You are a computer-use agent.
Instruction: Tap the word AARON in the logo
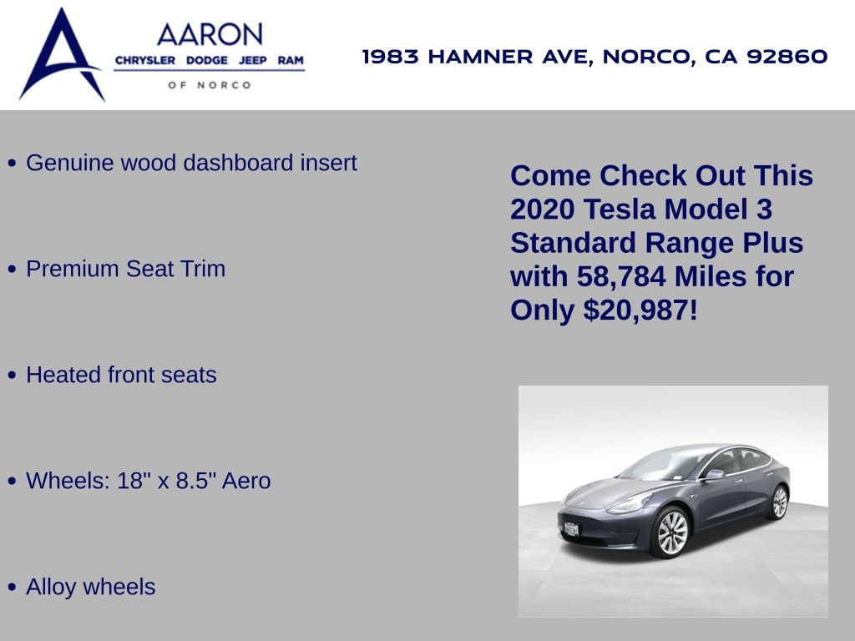(x=210, y=35)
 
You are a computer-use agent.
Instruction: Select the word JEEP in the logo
(x=252, y=60)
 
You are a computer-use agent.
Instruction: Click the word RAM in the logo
(x=290, y=60)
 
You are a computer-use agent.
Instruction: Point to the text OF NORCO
(x=210, y=85)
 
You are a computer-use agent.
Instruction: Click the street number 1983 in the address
(x=391, y=57)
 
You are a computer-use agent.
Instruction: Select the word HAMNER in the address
(x=480, y=57)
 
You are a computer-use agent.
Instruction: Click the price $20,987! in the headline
(x=640, y=310)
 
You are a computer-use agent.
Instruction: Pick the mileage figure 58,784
(x=621, y=276)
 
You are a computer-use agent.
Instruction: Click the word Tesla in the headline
(x=620, y=209)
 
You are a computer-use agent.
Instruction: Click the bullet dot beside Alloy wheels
(x=12, y=587)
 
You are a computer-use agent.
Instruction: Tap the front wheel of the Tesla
(x=672, y=532)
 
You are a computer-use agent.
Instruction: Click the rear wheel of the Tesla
(x=780, y=502)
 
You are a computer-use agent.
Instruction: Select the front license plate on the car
(x=571, y=528)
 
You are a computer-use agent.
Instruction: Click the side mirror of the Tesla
(x=714, y=475)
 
